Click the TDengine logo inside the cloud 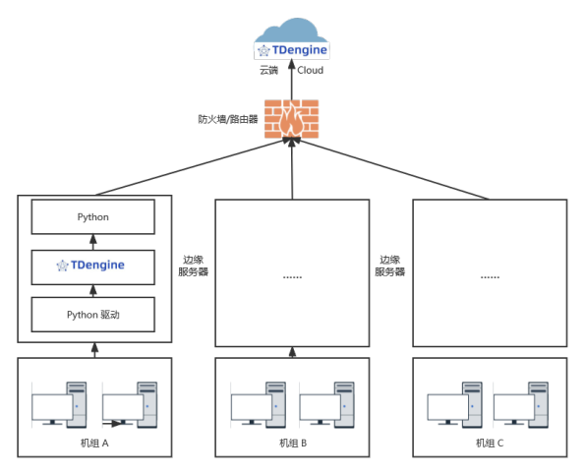(x=291, y=49)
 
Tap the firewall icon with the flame (x=292, y=119)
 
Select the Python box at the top (x=93, y=216)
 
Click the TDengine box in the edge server (x=93, y=266)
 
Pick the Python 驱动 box (x=93, y=315)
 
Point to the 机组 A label (x=93, y=444)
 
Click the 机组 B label (x=292, y=444)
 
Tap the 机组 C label (x=490, y=444)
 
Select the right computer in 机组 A (x=129, y=404)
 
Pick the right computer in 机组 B (x=326, y=404)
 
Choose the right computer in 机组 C (x=522, y=404)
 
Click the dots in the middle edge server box (x=292, y=276)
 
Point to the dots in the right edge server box (x=490, y=276)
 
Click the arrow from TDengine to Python (x=94, y=241)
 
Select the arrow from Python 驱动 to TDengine (x=94, y=290)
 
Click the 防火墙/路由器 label (x=228, y=119)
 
